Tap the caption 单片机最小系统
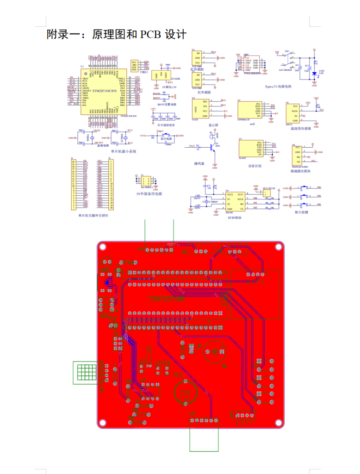pos(123,151)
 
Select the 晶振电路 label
pos(102,144)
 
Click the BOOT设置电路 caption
pos(167,104)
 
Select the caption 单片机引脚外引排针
pos(93,215)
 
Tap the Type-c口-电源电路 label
pos(278,87)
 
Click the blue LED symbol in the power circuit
pos(314,73)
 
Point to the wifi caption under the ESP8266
pos(253,124)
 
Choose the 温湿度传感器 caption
pos(301,128)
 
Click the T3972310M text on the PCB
pos(166,300)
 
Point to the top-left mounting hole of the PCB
pos(103,247)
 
